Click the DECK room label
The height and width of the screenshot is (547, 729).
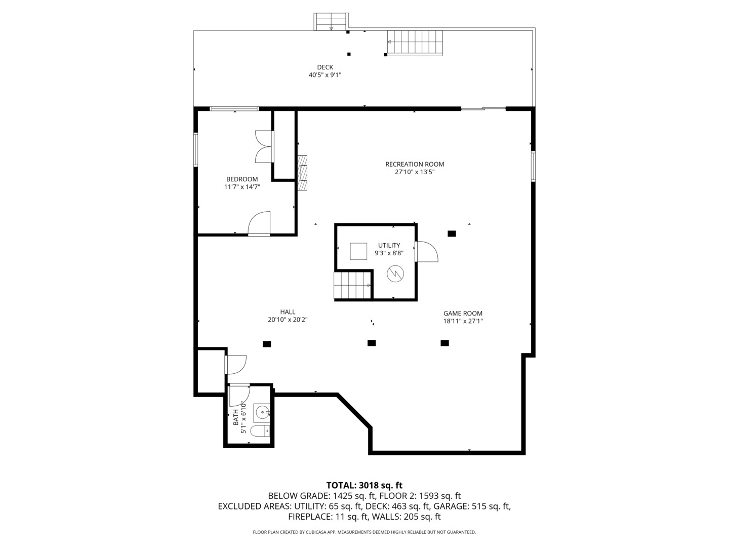(325, 67)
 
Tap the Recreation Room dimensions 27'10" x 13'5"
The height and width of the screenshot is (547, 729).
(415, 172)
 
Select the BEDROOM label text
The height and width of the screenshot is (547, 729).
(242, 179)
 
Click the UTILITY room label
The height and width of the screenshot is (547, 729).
(389, 246)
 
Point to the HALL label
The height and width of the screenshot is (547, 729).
(288, 312)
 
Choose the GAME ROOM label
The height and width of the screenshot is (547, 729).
(463, 313)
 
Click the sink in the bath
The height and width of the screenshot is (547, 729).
(262, 413)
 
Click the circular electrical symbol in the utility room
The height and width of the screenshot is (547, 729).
(395, 273)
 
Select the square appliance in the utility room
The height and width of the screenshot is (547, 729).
(358, 251)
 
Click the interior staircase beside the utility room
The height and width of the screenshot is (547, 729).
(352, 286)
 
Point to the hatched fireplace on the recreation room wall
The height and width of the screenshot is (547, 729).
(302, 173)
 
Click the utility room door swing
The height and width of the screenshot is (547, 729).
(427, 251)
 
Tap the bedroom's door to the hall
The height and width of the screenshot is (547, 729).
(259, 223)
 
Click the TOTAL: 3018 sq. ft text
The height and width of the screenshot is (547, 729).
(364, 486)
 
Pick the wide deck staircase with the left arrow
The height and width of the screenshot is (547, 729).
(415, 43)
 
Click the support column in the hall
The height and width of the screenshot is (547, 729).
(267, 344)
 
